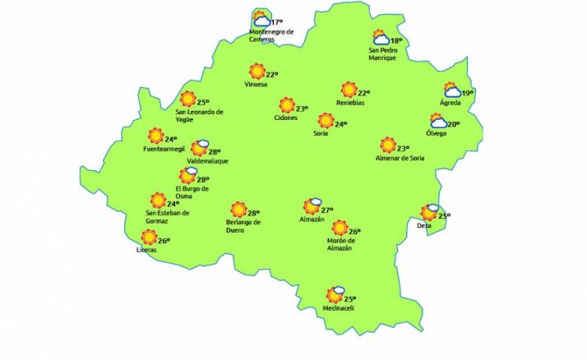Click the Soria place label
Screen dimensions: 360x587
tap(322, 135)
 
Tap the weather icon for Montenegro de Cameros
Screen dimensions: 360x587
tap(261, 18)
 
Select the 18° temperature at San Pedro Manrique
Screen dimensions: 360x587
tap(395, 41)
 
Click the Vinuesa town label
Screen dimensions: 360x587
tap(257, 85)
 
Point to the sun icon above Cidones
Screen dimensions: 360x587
tap(286, 105)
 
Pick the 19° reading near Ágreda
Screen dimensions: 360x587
tap(467, 94)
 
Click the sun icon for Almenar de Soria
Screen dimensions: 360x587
tap(388, 145)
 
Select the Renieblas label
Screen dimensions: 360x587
tap(350, 102)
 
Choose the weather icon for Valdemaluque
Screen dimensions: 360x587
tap(199, 148)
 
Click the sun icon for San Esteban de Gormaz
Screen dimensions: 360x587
tap(157, 200)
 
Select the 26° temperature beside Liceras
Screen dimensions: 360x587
tap(163, 241)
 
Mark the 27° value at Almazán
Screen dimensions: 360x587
tap(326, 210)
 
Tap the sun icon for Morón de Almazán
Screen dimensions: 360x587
tap(340, 228)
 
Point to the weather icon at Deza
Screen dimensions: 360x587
tap(430, 212)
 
